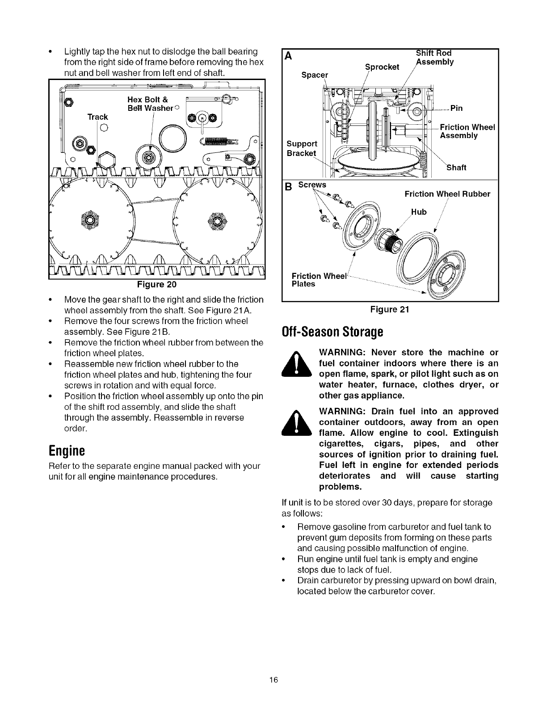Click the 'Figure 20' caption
point(157,285)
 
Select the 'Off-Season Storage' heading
point(332,333)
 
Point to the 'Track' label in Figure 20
point(97,117)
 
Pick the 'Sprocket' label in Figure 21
point(382,67)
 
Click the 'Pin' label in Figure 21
point(456,108)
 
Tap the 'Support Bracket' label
point(302,148)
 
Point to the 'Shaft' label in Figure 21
point(457,168)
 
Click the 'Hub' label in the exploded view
point(419,212)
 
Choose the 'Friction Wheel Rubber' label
point(447,194)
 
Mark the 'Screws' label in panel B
point(312,185)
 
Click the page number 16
point(273,680)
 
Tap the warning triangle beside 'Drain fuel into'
point(299,423)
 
